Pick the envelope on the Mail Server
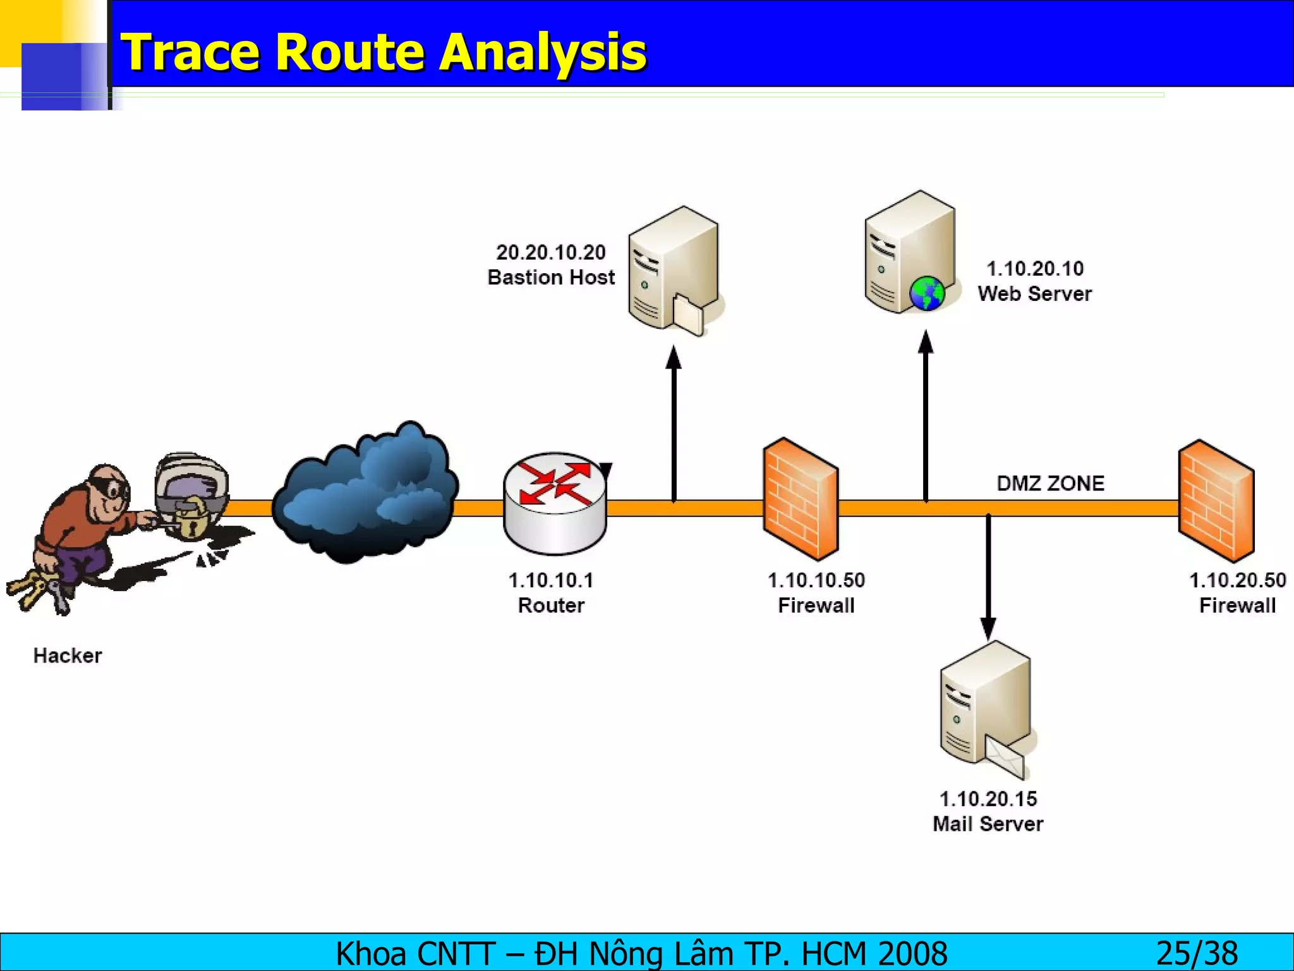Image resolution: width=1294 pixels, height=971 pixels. click(x=1005, y=757)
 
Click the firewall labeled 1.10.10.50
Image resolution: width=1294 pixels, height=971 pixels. click(x=801, y=499)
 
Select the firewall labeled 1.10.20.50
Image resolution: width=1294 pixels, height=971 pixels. click(x=1216, y=501)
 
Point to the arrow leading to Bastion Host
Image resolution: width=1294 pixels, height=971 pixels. click(x=674, y=424)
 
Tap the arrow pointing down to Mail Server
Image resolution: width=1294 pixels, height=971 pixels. click(x=988, y=575)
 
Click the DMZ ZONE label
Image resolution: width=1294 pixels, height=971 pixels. click(x=1050, y=484)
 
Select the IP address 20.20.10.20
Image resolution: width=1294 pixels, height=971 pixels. click(x=551, y=253)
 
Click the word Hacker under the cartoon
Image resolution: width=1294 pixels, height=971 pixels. click(x=68, y=656)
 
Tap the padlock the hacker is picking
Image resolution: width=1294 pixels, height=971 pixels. click(x=190, y=518)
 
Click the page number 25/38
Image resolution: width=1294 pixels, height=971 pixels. click(x=1197, y=953)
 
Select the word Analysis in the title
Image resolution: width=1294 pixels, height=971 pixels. click(x=543, y=52)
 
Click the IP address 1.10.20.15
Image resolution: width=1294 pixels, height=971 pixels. click(x=988, y=799)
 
